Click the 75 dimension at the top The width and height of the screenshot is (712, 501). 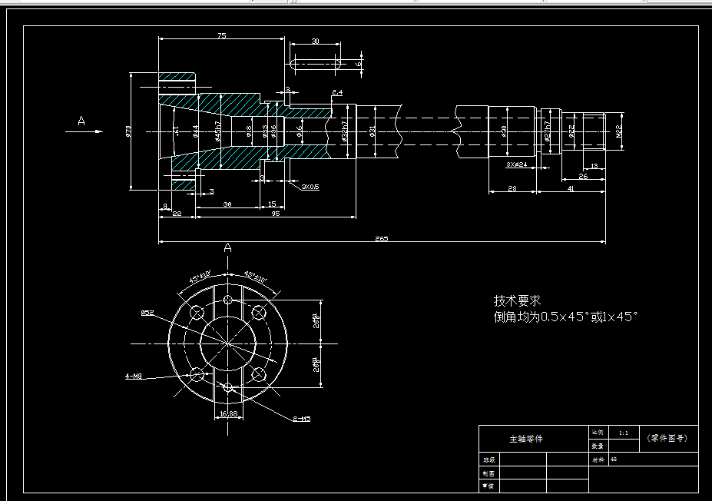point(221,35)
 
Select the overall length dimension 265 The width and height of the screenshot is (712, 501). point(382,238)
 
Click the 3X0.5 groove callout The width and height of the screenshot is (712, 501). point(310,187)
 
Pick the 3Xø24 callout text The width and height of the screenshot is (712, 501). point(515,164)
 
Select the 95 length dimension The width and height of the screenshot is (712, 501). point(275,214)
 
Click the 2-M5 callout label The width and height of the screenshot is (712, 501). point(301,419)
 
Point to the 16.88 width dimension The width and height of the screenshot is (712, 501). point(228,413)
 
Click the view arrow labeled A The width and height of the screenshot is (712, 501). point(81,121)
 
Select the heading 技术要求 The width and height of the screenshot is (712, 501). point(517,300)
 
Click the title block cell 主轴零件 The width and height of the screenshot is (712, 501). point(526,439)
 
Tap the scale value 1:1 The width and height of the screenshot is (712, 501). point(623,433)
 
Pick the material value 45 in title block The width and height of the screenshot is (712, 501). point(613,460)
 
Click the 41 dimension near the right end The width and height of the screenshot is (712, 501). point(570,188)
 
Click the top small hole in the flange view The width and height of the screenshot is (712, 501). point(227,300)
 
